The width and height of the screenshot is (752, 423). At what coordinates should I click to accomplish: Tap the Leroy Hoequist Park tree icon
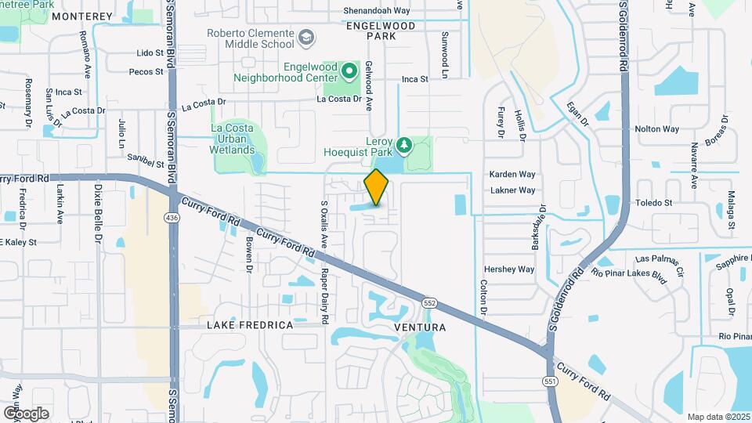404,146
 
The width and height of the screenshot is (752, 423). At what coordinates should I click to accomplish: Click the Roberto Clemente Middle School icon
305,37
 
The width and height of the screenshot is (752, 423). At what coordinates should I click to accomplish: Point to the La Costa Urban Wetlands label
233,139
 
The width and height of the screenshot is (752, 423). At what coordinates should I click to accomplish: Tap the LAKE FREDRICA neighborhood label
250,324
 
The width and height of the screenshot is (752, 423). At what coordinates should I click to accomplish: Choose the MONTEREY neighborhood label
82,16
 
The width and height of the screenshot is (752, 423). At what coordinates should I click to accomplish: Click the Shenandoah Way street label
377,11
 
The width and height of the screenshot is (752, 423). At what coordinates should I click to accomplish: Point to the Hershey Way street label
509,269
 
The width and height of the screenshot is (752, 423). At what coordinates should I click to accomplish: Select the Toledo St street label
658,203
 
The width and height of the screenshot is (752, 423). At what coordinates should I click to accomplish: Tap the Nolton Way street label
656,128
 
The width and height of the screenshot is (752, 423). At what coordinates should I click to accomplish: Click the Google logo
26,413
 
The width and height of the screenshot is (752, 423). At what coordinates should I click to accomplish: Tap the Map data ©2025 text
718,417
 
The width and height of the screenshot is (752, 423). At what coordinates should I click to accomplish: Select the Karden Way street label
512,174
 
